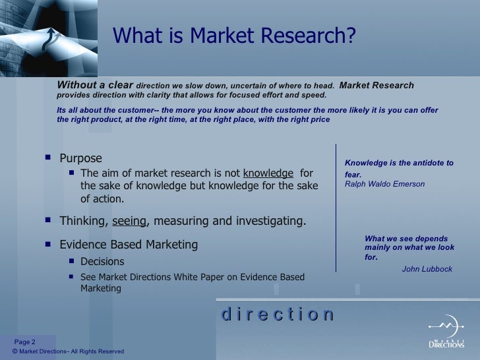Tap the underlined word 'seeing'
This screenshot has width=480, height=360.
[129, 221]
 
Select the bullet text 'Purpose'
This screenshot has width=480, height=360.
[80, 158]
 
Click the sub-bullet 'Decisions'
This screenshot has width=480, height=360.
[102, 261]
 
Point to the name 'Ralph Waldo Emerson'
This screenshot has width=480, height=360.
[385, 184]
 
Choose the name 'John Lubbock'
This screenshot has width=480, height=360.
[427, 269]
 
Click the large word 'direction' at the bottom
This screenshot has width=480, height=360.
[278, 315]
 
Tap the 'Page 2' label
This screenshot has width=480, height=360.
[25, 341]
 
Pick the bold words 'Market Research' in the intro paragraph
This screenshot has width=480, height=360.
[376, 85]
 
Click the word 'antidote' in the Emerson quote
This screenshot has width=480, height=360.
[421, 163]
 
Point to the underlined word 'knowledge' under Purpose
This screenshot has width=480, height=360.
[268, 173]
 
